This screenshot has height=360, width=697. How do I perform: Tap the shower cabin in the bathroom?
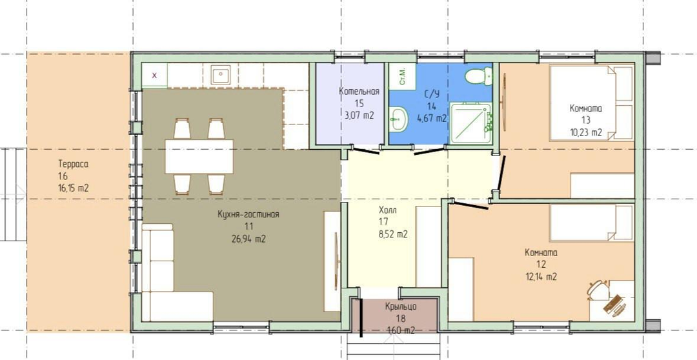[470, 123]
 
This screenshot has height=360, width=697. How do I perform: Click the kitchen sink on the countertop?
[221, 75]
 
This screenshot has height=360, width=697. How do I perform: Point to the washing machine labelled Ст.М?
[402, 76]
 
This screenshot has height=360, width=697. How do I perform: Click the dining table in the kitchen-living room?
[199, 156]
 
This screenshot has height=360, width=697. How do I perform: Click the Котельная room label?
[359, 92]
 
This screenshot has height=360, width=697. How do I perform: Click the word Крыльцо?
[401, 306]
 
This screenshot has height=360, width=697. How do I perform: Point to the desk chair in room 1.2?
[597, 289]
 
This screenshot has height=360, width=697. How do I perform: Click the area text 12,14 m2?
[541, 276]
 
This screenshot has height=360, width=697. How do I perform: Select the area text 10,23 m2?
[586, 132]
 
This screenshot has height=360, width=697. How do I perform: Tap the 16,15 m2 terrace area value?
[74, 188]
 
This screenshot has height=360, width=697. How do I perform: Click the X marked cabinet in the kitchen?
[154, 75]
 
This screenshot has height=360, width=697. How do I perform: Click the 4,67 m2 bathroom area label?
[432, 118]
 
